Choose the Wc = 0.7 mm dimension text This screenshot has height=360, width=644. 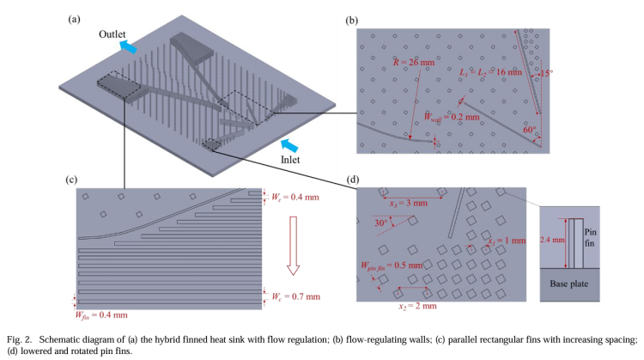pyautogui.click(x=296, y=296)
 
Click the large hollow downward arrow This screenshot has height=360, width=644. pyautogui.click(x=293, y=243)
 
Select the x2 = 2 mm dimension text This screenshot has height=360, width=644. pyautogui.click(x=418, y=305)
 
